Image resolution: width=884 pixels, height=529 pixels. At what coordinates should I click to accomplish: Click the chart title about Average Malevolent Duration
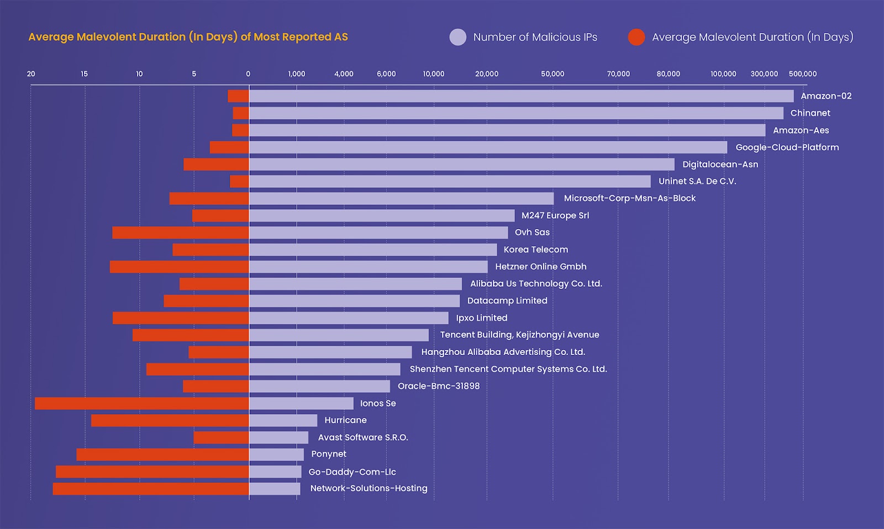(x=188, y=37)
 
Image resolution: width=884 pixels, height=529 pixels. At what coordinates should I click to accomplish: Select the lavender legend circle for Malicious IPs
(x=458, y=37)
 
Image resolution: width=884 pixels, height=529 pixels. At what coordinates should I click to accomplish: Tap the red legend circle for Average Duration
(x=636, y=37)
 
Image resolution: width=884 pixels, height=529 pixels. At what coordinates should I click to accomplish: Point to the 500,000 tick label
(x=802, y=74)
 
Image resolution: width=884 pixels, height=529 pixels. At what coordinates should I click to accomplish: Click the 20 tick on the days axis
(x=31, y=74)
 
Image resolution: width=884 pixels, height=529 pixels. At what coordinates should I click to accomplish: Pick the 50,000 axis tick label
(x=552, y=74)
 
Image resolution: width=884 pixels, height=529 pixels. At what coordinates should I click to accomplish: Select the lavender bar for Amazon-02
(x=521, y=96)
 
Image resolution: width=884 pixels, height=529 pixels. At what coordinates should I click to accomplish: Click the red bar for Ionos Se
(x=142, y=404)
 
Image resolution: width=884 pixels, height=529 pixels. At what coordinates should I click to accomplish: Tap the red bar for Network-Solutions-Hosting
(x=151, y=489)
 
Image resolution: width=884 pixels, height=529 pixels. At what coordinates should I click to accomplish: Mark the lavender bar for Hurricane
(x=283, y=421)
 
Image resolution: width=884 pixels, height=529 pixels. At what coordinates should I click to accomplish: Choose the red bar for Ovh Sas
(x=181, y=232)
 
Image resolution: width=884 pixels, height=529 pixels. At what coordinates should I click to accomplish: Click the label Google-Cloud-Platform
(x=787, y=147)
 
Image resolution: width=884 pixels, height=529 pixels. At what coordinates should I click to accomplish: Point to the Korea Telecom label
(x=535, y=250)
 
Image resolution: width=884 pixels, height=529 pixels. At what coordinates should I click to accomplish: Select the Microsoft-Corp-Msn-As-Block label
(x=629, y=198)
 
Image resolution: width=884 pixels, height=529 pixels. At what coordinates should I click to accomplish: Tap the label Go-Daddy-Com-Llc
(x=352, y=472)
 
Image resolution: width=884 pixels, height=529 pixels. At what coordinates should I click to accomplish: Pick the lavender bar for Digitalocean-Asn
(x=462, y=165)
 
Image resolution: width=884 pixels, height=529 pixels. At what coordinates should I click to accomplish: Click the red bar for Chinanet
(x=241, y=113)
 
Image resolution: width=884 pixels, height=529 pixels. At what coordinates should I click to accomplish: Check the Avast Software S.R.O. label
(x=362, y=437)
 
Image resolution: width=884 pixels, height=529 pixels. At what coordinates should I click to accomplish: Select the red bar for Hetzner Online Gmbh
(x=180, y=267)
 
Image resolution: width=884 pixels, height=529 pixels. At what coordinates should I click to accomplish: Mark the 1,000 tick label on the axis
(x=297, y=74)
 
